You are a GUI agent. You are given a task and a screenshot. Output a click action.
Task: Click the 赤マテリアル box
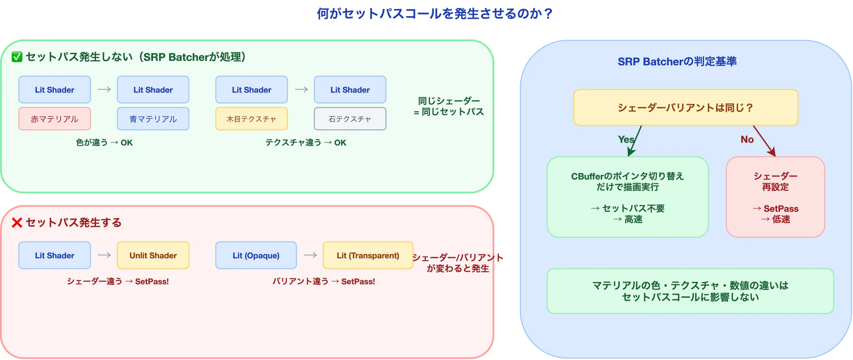(x=54, y=119)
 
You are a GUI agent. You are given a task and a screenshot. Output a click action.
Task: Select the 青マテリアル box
(x=153, y=119)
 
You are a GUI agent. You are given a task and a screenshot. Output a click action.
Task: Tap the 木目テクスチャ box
(x=251, y=119)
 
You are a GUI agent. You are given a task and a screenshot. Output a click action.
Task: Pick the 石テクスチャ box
(x=350, y=119)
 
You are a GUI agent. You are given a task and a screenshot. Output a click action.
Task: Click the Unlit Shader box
(x=153, y=255)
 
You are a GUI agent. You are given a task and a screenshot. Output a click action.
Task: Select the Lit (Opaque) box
(x=256, y=255)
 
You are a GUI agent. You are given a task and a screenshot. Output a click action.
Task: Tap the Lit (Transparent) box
(x=368, y=255)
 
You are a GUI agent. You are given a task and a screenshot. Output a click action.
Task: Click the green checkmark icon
(x=17, y=57)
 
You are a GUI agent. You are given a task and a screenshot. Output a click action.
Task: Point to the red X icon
(x=17, y=223)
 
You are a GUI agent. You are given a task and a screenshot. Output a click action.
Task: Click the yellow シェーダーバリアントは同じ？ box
(x=686, y=107)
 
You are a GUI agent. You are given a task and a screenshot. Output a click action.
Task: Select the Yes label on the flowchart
(x=626, y=139)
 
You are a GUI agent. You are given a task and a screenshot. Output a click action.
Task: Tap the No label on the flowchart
(x=747, y=139)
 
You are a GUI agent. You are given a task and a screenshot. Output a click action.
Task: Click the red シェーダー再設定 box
(x=775, y=197)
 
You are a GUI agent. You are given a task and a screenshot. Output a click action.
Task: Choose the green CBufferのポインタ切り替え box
(x=627, y=197)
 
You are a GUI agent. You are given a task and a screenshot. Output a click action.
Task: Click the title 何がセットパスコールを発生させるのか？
(x=434, y=13)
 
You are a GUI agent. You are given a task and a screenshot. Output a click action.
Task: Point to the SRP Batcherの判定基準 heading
(x=677, y=61)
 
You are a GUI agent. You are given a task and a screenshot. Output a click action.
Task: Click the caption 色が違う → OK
(x=104, y=142)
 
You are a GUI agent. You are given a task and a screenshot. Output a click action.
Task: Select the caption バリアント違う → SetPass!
(x=324, y=281)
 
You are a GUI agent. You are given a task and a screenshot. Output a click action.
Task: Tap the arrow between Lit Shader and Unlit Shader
(x=104, y=255)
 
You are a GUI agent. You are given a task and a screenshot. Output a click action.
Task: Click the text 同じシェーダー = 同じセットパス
(x=449, y=107)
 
